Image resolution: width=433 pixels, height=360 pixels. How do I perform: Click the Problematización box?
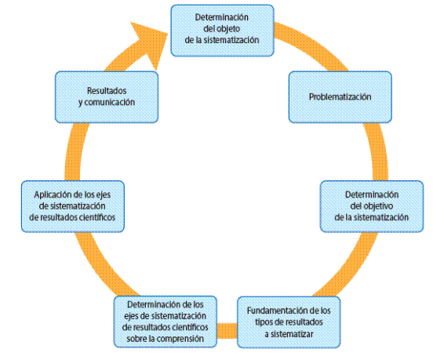click(340, 97)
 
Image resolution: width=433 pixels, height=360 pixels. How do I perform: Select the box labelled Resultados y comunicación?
click(107, 97)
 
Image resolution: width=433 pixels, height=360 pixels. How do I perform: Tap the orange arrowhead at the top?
click(149, 42)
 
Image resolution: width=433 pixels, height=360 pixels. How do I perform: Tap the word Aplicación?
click(53, 195)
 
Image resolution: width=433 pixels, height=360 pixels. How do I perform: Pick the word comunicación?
click(110, 102)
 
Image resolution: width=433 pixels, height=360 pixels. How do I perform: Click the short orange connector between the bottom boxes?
click(227, 330)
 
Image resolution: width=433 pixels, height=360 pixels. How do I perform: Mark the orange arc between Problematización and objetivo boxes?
click(379, 152)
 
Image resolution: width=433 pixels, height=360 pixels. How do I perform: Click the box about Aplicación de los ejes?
click(73, 206)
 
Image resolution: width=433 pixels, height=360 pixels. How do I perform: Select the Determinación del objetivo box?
click(372, 206)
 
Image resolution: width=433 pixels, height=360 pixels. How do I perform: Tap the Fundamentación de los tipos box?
click(289, 322)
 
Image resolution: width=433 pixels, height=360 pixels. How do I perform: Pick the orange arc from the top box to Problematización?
click(312, 44)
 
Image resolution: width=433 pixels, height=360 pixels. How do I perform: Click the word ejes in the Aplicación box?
click(104, 195)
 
